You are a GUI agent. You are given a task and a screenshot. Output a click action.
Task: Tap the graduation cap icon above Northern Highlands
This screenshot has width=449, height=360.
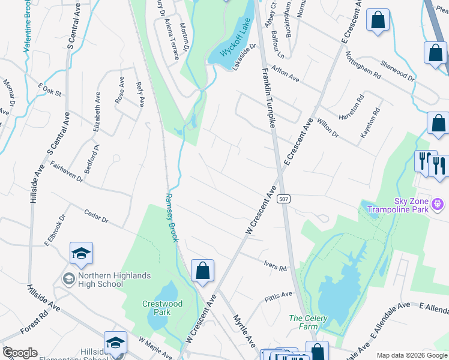tap(81, 254)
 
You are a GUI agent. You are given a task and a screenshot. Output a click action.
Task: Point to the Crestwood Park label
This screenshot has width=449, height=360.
tap(163, 308)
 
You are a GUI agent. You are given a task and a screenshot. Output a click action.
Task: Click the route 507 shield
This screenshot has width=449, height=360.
tap(285, 199)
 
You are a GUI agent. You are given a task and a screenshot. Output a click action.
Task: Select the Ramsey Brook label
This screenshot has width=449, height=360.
tap(172, 217)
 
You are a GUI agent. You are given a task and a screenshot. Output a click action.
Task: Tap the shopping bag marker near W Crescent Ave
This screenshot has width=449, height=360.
tap(203, 271)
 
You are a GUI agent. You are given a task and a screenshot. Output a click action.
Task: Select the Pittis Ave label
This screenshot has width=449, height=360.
tap(279, 295)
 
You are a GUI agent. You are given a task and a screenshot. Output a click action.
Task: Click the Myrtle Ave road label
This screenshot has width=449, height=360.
tap(244, 331)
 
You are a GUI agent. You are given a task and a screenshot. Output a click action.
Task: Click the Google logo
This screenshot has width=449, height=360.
tap(20, 353)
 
